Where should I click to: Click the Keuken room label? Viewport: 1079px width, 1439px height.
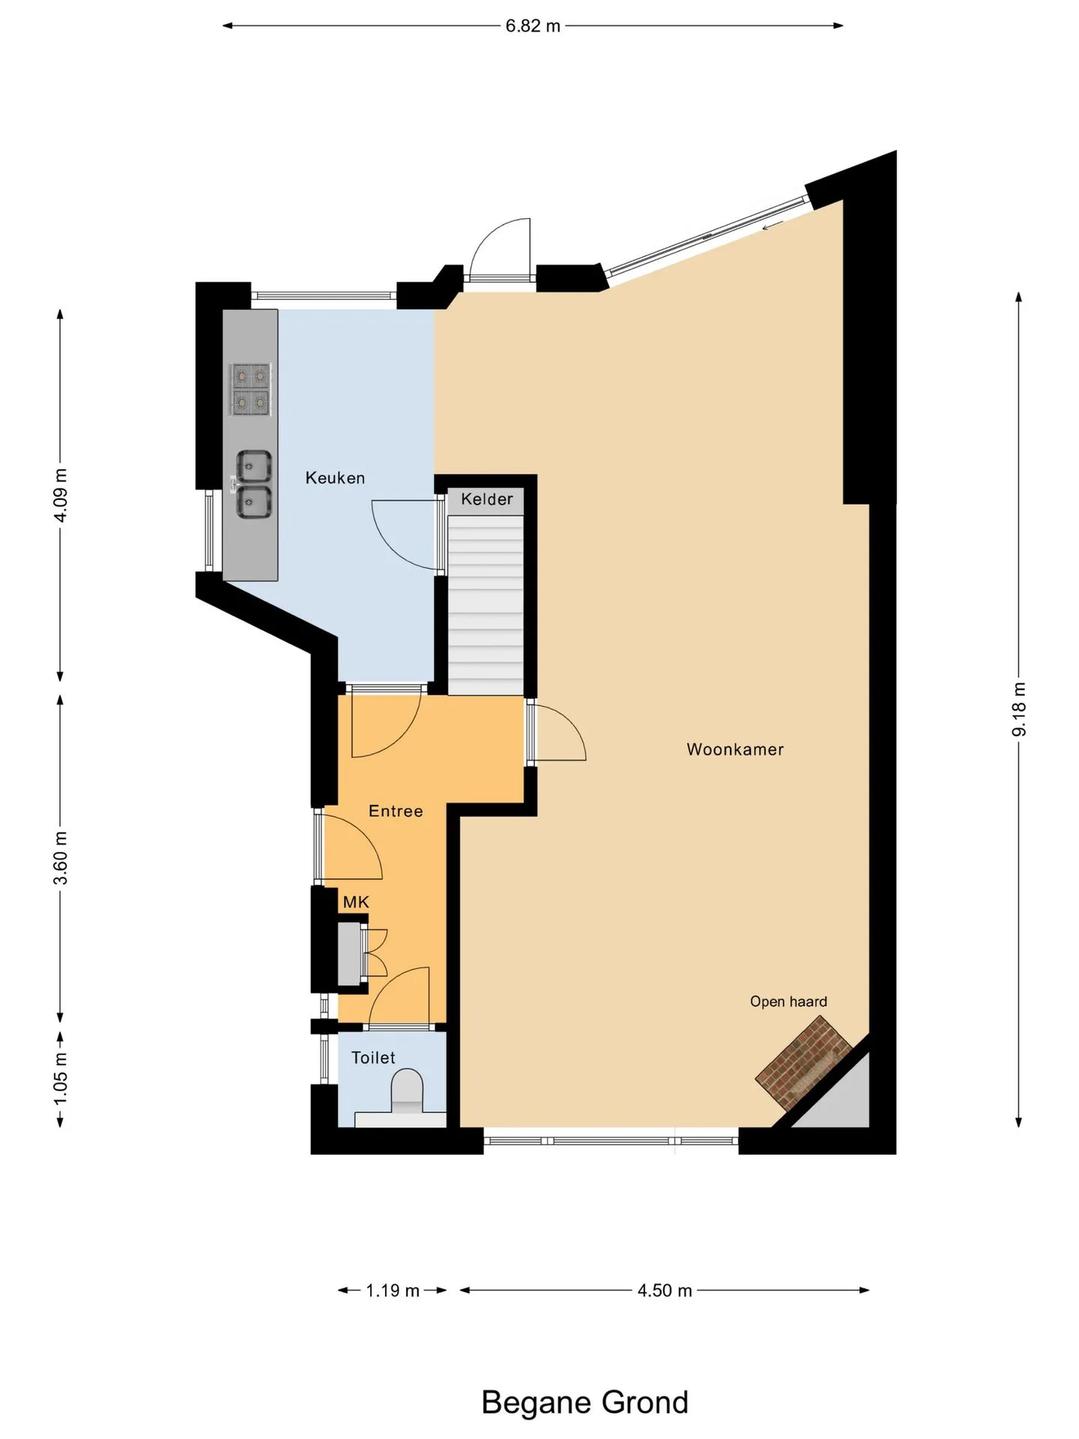[335, 478]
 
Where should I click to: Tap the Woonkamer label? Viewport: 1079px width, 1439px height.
[735, 749]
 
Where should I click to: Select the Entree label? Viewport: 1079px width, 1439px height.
[396, 811]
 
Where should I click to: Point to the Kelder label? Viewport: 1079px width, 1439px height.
[487, 499]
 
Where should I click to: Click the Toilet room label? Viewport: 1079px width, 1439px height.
[373, 1058]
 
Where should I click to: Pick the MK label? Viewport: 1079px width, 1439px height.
[356, 902]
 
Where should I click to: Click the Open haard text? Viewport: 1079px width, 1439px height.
[788, 1002]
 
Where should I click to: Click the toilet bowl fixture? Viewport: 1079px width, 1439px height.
[408, 1090]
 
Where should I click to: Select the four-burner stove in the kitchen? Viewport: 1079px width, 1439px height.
[250, 389]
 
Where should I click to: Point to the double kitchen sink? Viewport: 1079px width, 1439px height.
[253, 484]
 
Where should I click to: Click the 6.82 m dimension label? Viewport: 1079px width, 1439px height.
[533, 26]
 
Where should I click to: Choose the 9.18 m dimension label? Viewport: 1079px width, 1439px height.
[1019, 709]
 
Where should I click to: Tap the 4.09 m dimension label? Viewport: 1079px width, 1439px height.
[61, 495]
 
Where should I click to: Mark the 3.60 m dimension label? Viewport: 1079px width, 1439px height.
[61, 858]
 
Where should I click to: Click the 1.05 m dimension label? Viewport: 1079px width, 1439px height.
[61, 1078]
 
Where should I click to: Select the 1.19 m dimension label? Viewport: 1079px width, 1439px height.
[393, 1291]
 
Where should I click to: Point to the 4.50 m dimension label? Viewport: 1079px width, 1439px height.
[665, 1291]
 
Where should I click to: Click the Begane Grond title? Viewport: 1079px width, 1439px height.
[584, 1402]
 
